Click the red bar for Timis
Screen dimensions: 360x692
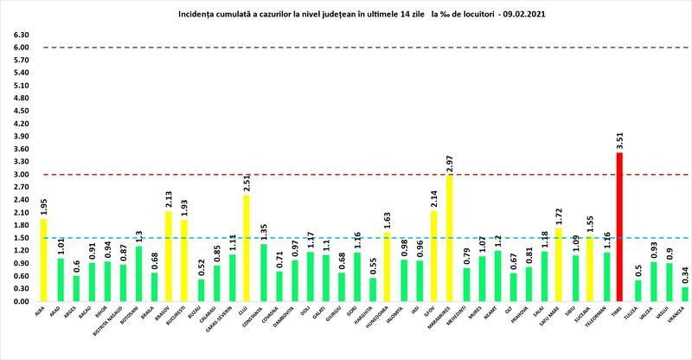click(x=619, y=227)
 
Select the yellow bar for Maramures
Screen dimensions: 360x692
click(x=450, y=238)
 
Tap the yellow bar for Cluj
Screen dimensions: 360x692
click(x=247, y=247)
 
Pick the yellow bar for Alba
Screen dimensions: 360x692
click(x=43, y=260)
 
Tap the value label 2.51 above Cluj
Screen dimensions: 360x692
click(x=247, y=183)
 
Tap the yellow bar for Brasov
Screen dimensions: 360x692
click(x=169, y=256)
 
